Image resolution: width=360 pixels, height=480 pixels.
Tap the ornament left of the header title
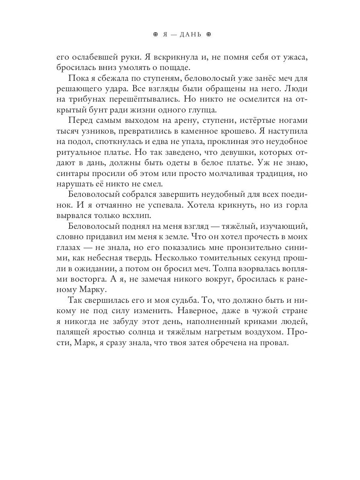coord(156,35)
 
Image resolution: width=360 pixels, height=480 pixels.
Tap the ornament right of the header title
coord(208,35)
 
